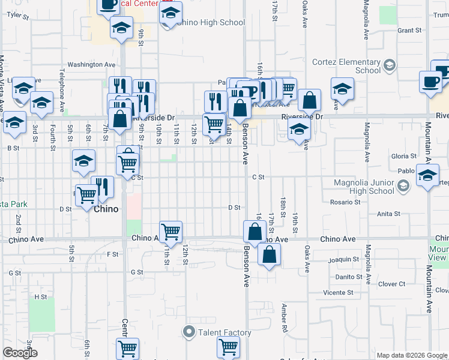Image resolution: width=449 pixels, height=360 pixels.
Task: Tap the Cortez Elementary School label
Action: pos(346,66)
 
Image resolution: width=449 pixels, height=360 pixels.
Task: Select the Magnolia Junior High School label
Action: pos(364,187)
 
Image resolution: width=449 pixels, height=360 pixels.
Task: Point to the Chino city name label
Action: pos(106,209)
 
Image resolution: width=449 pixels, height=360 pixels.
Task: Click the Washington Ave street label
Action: pos(91,64)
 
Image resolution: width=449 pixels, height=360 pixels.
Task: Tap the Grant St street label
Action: pos(409,30)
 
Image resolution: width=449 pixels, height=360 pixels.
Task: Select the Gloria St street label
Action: pos(399,156)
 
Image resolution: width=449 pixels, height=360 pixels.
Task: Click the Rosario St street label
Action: pos(345,202)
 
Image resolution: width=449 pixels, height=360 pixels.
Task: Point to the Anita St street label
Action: pos(388,214)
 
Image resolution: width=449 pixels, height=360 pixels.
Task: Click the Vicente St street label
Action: pos(337,293)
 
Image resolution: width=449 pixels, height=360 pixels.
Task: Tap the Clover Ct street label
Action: pos(393,284)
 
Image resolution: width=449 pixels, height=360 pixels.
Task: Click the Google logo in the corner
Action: pos(20,353)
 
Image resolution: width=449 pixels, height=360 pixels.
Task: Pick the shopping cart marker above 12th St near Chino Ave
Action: pos(171,231)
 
